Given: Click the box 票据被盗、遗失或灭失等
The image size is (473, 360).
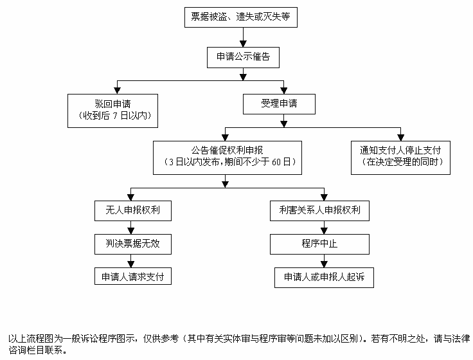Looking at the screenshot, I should click(x=242, y=17).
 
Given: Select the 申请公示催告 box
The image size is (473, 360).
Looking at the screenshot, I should click(x=242, y=57).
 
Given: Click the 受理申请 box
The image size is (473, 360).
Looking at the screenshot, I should click(x=279, y=103).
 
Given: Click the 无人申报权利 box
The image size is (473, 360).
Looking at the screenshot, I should click(x=132, y=210).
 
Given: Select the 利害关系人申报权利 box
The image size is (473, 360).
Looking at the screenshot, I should click(x=319, y=210).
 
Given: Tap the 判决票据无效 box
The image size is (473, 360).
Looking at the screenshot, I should click(x=132, y=244).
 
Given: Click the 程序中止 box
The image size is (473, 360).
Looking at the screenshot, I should click(x=319, y=244).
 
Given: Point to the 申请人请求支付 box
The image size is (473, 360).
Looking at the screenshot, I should click(x=132, y=277).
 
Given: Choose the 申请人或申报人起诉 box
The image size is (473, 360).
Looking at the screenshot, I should click(x=319, y=278).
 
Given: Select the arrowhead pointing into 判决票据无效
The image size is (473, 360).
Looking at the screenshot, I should click(x=132, y=230).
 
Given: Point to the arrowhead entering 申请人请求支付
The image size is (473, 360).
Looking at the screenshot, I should click(x=132, y=263).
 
